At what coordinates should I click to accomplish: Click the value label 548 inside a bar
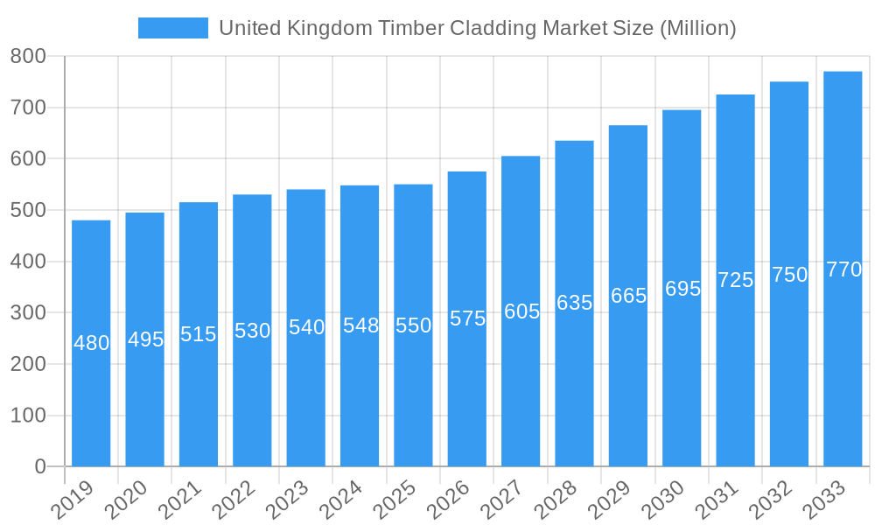[360, 325]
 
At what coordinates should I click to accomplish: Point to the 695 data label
[682, 289]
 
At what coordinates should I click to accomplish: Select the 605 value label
[521, 311]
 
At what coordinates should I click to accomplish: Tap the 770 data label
[843, 269]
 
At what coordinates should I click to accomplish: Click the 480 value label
[91, 343]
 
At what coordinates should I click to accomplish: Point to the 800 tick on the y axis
[28, 57]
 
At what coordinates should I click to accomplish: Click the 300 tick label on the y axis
[28, 313]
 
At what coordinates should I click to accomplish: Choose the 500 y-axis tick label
[28, 211]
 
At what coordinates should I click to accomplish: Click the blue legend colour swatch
[173, 28]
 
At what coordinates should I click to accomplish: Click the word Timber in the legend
[411, 28]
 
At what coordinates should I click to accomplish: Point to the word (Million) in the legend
[698, 28]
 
